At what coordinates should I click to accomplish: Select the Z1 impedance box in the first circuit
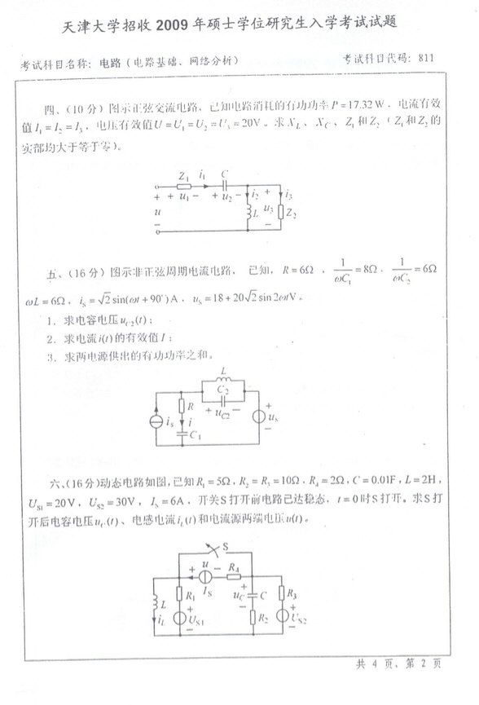coord(184,186)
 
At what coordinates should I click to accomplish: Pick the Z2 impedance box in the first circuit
coord(282,213)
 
